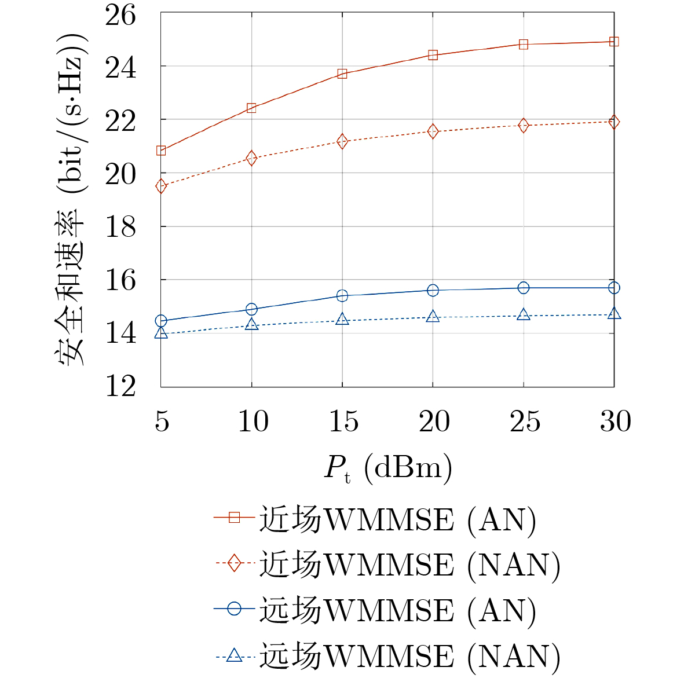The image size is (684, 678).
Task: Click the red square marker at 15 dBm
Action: (x=342, y=74)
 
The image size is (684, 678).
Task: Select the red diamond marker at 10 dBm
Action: (x=251, y=158)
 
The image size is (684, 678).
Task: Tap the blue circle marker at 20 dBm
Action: (x=433, y=290)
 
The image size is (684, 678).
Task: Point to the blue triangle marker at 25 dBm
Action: (x=524, y=315)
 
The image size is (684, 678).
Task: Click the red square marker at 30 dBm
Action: (x=614, y=42)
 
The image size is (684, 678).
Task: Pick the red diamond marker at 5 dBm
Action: (x=161, y=186)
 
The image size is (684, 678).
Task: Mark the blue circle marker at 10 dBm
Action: (x=251, y=309)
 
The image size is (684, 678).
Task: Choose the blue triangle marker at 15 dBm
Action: (x=342, y=319)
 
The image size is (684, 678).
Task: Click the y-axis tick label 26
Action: (x=120, y=14)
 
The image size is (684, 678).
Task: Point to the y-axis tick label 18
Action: (x=120, y=227)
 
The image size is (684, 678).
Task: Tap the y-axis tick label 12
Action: (x=120, y=386)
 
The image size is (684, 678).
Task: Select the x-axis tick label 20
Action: (x=434, y=422)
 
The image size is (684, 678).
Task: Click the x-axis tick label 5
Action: (x=162, y=422)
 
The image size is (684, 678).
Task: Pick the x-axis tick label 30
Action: (x=615, y=422)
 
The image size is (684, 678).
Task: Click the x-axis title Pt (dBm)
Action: (x=387, y=467)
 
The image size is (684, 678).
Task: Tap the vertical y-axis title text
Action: (x=72, y=200)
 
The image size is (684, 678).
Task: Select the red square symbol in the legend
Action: (x=234, y=517)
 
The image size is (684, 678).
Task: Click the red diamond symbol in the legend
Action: (x=234, y=563)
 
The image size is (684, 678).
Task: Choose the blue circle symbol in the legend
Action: (x=234, y=609)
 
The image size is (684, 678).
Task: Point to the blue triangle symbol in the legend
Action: (x=234, y=655)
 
